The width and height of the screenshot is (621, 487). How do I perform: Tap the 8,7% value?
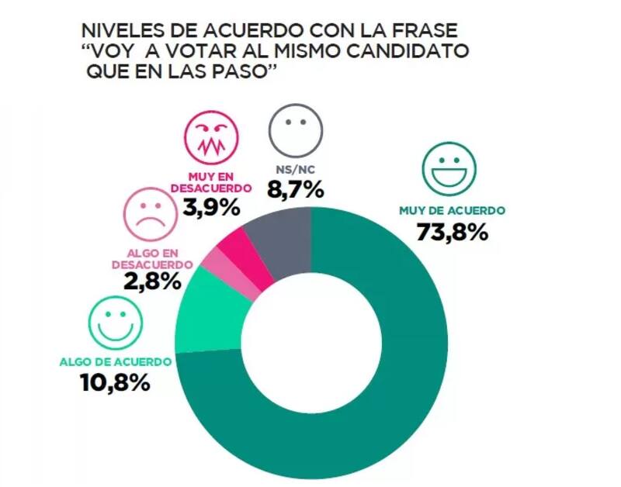click(295, 188)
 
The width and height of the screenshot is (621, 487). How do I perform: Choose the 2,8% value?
click(152, 281)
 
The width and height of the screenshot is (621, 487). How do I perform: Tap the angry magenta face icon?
click(211, 135)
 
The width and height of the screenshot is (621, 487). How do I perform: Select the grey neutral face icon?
click(295, 130)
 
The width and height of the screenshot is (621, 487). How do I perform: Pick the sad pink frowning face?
click(146, 211)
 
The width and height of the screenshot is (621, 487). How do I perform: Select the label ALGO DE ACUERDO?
click(115, 362)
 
